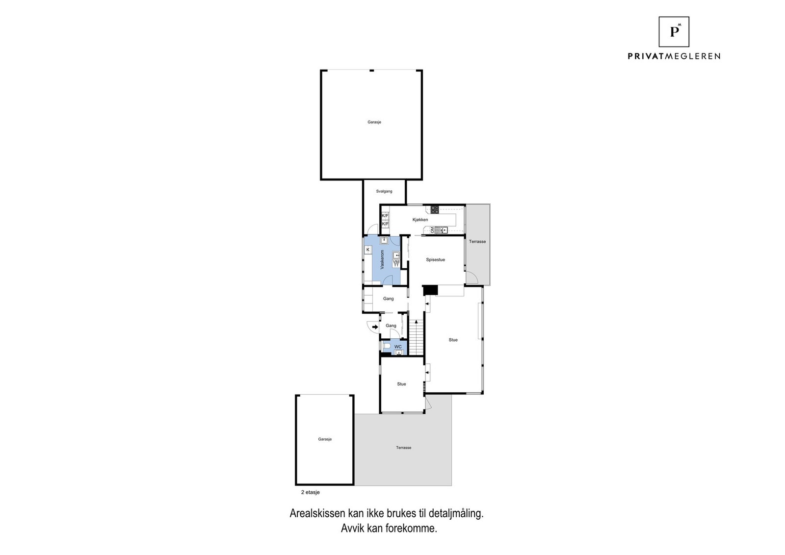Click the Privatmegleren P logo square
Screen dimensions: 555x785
(x=674, y=32)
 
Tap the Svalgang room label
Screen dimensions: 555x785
(x=384, y=191)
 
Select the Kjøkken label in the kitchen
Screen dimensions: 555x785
(x=420, y=220)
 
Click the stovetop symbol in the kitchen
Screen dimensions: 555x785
(x=435, y=210)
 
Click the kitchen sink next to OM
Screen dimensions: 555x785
(x=441, y=230)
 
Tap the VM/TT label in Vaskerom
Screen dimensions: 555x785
(x=396, y=263)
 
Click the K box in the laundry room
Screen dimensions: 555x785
(x=367, y=250)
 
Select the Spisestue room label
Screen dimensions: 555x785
(x=435, y=260)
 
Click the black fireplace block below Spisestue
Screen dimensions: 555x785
(x=430, y=290)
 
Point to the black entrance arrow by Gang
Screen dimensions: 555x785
(x=375, y=327)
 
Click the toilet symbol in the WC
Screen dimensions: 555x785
(x=386, y=347)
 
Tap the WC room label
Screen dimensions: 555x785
(x=398, y=347)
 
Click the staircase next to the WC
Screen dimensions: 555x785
(x=416, y=338)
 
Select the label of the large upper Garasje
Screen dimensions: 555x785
(x=374, y=122)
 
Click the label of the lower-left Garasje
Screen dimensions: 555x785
(x=325, y=439)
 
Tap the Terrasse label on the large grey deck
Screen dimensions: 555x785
(x=404, y=448)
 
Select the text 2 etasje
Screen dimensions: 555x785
(x=310, y=492)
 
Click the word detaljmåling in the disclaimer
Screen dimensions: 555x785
(x=456, y=514)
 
